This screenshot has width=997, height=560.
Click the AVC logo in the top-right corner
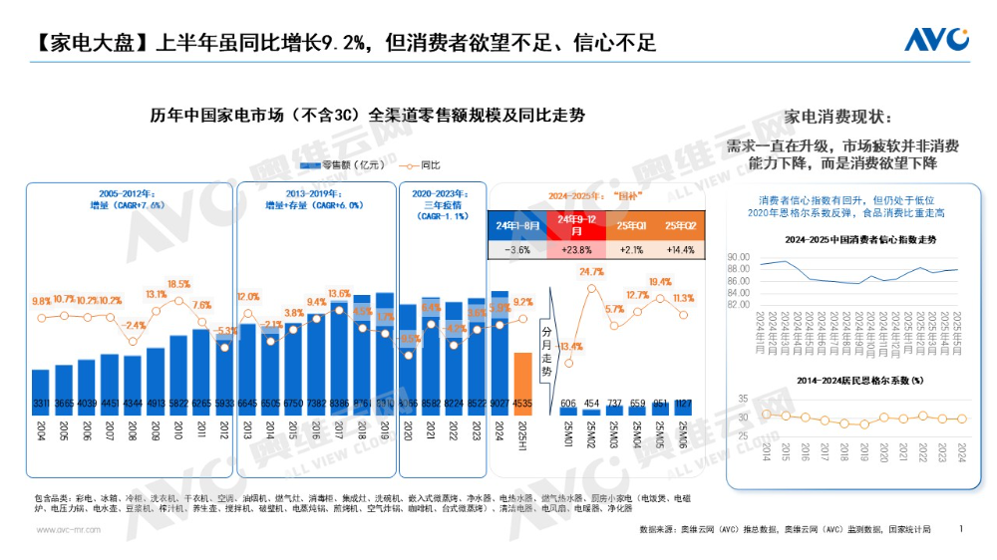point(936,39)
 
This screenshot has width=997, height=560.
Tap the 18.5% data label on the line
point(179,284)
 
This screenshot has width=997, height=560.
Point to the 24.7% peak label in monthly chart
point(591,272)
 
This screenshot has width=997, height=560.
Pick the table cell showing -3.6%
point(517,250)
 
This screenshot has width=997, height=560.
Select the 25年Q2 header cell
point(681,225)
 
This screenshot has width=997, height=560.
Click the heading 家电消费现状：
point(841,116)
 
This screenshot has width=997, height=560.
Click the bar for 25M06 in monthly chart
point(683,407)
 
